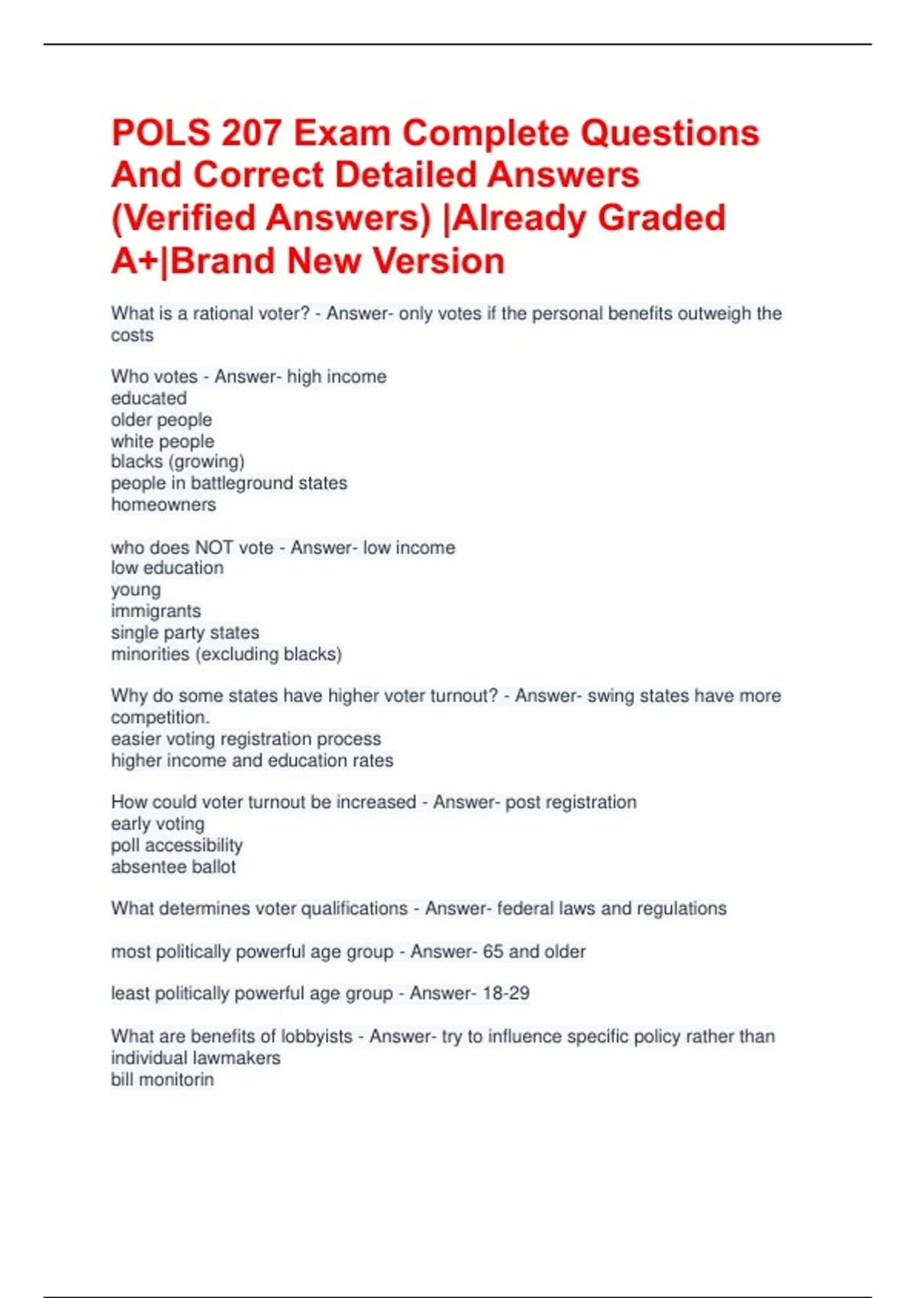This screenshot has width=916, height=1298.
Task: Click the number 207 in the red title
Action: click(x=251, y=133)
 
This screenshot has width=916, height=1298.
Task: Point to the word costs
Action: click(x=132, y=335)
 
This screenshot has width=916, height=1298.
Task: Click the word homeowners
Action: click(x=163, y=505)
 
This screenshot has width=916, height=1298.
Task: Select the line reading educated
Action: click(x=149, y=398)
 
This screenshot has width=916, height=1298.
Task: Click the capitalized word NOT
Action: click(x=214, y=547)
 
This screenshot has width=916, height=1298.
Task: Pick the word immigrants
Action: click(x=156, y=611)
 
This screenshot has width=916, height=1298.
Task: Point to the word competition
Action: click(x=160, y=718)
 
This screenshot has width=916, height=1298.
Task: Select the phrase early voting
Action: click(x=158, y=824)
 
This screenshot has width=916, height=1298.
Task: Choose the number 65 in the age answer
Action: click(x=493, y=951)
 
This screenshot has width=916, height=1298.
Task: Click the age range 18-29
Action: click(x=506, y=993)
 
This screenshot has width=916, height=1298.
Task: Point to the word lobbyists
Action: click(x=317, y=1036)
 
